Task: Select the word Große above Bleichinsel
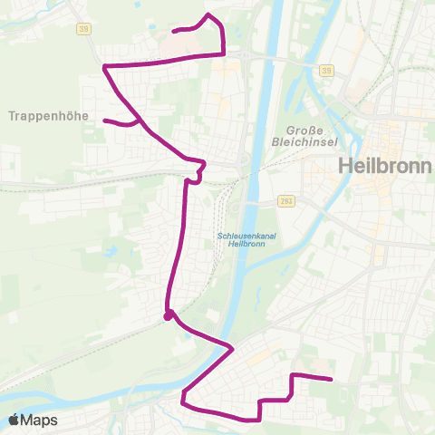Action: (305, 130)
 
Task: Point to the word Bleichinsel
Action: (305, 142)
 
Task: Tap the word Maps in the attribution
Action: (40, 420)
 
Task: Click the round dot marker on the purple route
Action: (168, 316)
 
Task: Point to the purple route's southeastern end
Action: (332, 380)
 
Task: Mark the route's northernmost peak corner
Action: (208, 14)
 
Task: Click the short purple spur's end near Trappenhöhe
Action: (105, 121)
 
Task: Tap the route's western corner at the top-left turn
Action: (106, 67)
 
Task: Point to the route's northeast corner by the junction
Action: (224, 53)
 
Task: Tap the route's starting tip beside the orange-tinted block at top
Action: (174, 31)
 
